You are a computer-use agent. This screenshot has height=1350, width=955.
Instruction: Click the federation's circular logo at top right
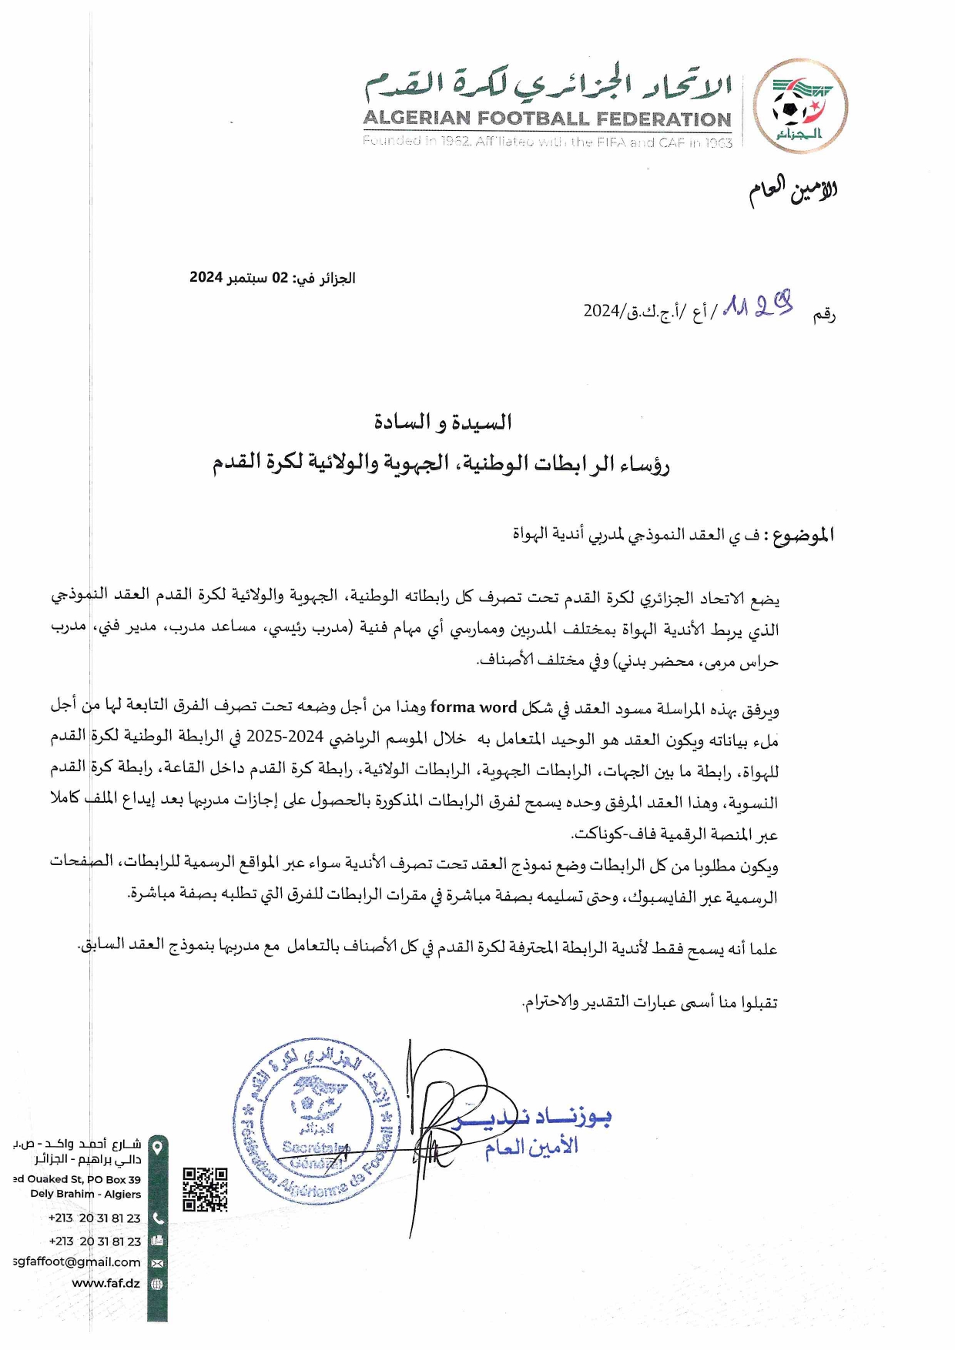tap(799, 107)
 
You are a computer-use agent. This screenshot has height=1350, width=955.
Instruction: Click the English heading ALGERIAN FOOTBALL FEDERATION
tap(547, 119)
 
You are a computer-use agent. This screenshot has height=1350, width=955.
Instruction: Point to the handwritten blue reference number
tap(759, 306)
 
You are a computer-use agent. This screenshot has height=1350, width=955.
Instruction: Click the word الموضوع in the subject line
tap(803, 535)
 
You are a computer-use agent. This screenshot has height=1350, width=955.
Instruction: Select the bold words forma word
tap(473, 707)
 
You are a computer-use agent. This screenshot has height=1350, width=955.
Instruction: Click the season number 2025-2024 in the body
tap(284, 737)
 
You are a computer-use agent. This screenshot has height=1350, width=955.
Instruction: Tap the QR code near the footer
tap(205, 1189)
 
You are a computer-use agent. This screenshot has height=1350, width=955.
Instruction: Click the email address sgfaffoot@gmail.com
tap(77, 1261)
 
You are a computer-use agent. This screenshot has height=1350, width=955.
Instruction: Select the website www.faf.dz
tap(106, 1283)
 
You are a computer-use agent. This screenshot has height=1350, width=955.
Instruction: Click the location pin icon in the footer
tap(157, 1148)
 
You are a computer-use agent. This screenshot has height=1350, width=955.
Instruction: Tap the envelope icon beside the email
tap(157, 1263)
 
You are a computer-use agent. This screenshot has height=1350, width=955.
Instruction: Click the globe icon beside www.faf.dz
tap(157, 1284)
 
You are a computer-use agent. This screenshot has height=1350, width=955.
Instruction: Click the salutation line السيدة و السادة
tap(442, 422)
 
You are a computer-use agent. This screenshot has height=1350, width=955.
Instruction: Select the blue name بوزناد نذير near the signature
tap(539, 1117)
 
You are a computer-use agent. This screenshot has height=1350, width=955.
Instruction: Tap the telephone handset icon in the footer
tap(157, 1218)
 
